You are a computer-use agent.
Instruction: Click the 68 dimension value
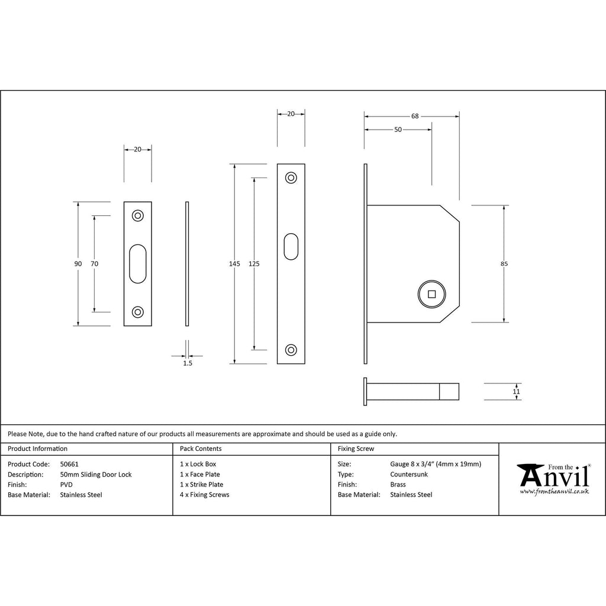tap(415, 116)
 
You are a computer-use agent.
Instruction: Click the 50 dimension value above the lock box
tap(398, 130)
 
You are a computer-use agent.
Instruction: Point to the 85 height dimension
tap(504, 263)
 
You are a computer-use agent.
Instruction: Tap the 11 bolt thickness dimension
tap(516, 392)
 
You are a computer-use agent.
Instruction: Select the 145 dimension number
tap(234, 263)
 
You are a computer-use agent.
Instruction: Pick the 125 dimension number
tap(254, 263)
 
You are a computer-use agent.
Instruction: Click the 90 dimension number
tap(78, 263)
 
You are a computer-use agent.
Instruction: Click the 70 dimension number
tap(94, 263)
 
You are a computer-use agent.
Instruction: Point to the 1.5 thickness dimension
tap(188, 363)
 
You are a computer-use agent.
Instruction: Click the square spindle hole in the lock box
tap(431, 294)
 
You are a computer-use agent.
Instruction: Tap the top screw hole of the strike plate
tap(137, 215)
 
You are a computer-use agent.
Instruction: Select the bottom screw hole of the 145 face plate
tap(291, 350)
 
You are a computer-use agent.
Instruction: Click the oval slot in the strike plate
tap(137, 263)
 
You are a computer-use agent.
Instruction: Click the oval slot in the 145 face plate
tap(291, 247)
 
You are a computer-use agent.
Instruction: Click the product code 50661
tap(69, 464)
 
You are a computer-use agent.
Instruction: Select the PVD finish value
tap(66, 485)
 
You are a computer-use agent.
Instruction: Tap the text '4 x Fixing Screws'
tap(204, 495)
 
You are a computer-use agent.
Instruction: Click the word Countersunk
tap(409, 474)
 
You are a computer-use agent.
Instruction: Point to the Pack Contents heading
tap(201, 449)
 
